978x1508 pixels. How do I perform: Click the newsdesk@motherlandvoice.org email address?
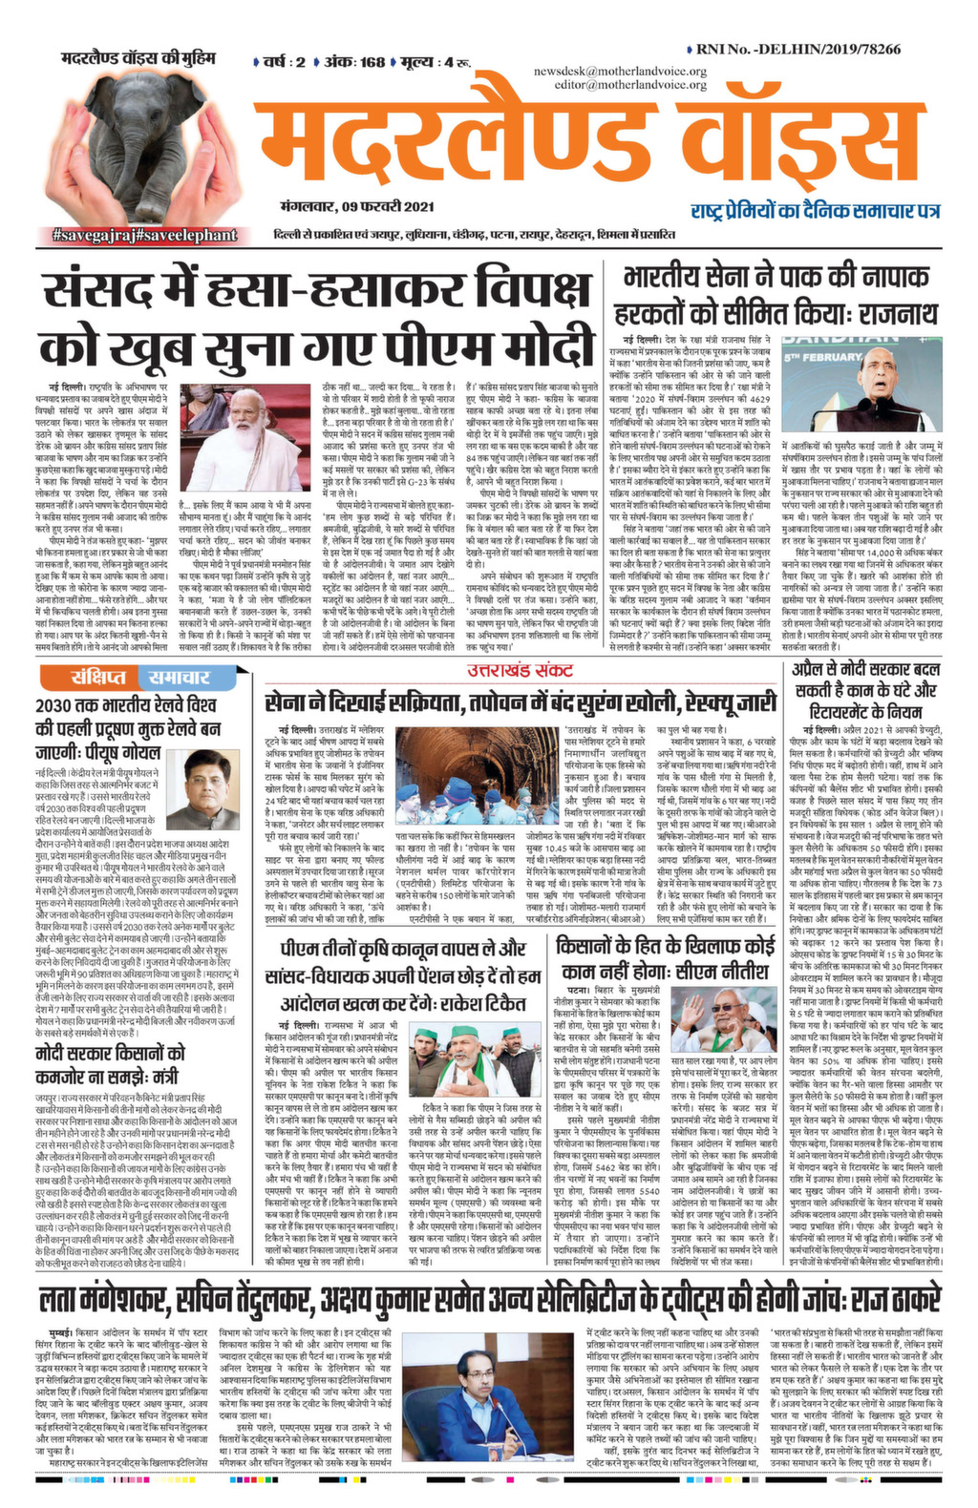pyautogui.click(x=620, y=72)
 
